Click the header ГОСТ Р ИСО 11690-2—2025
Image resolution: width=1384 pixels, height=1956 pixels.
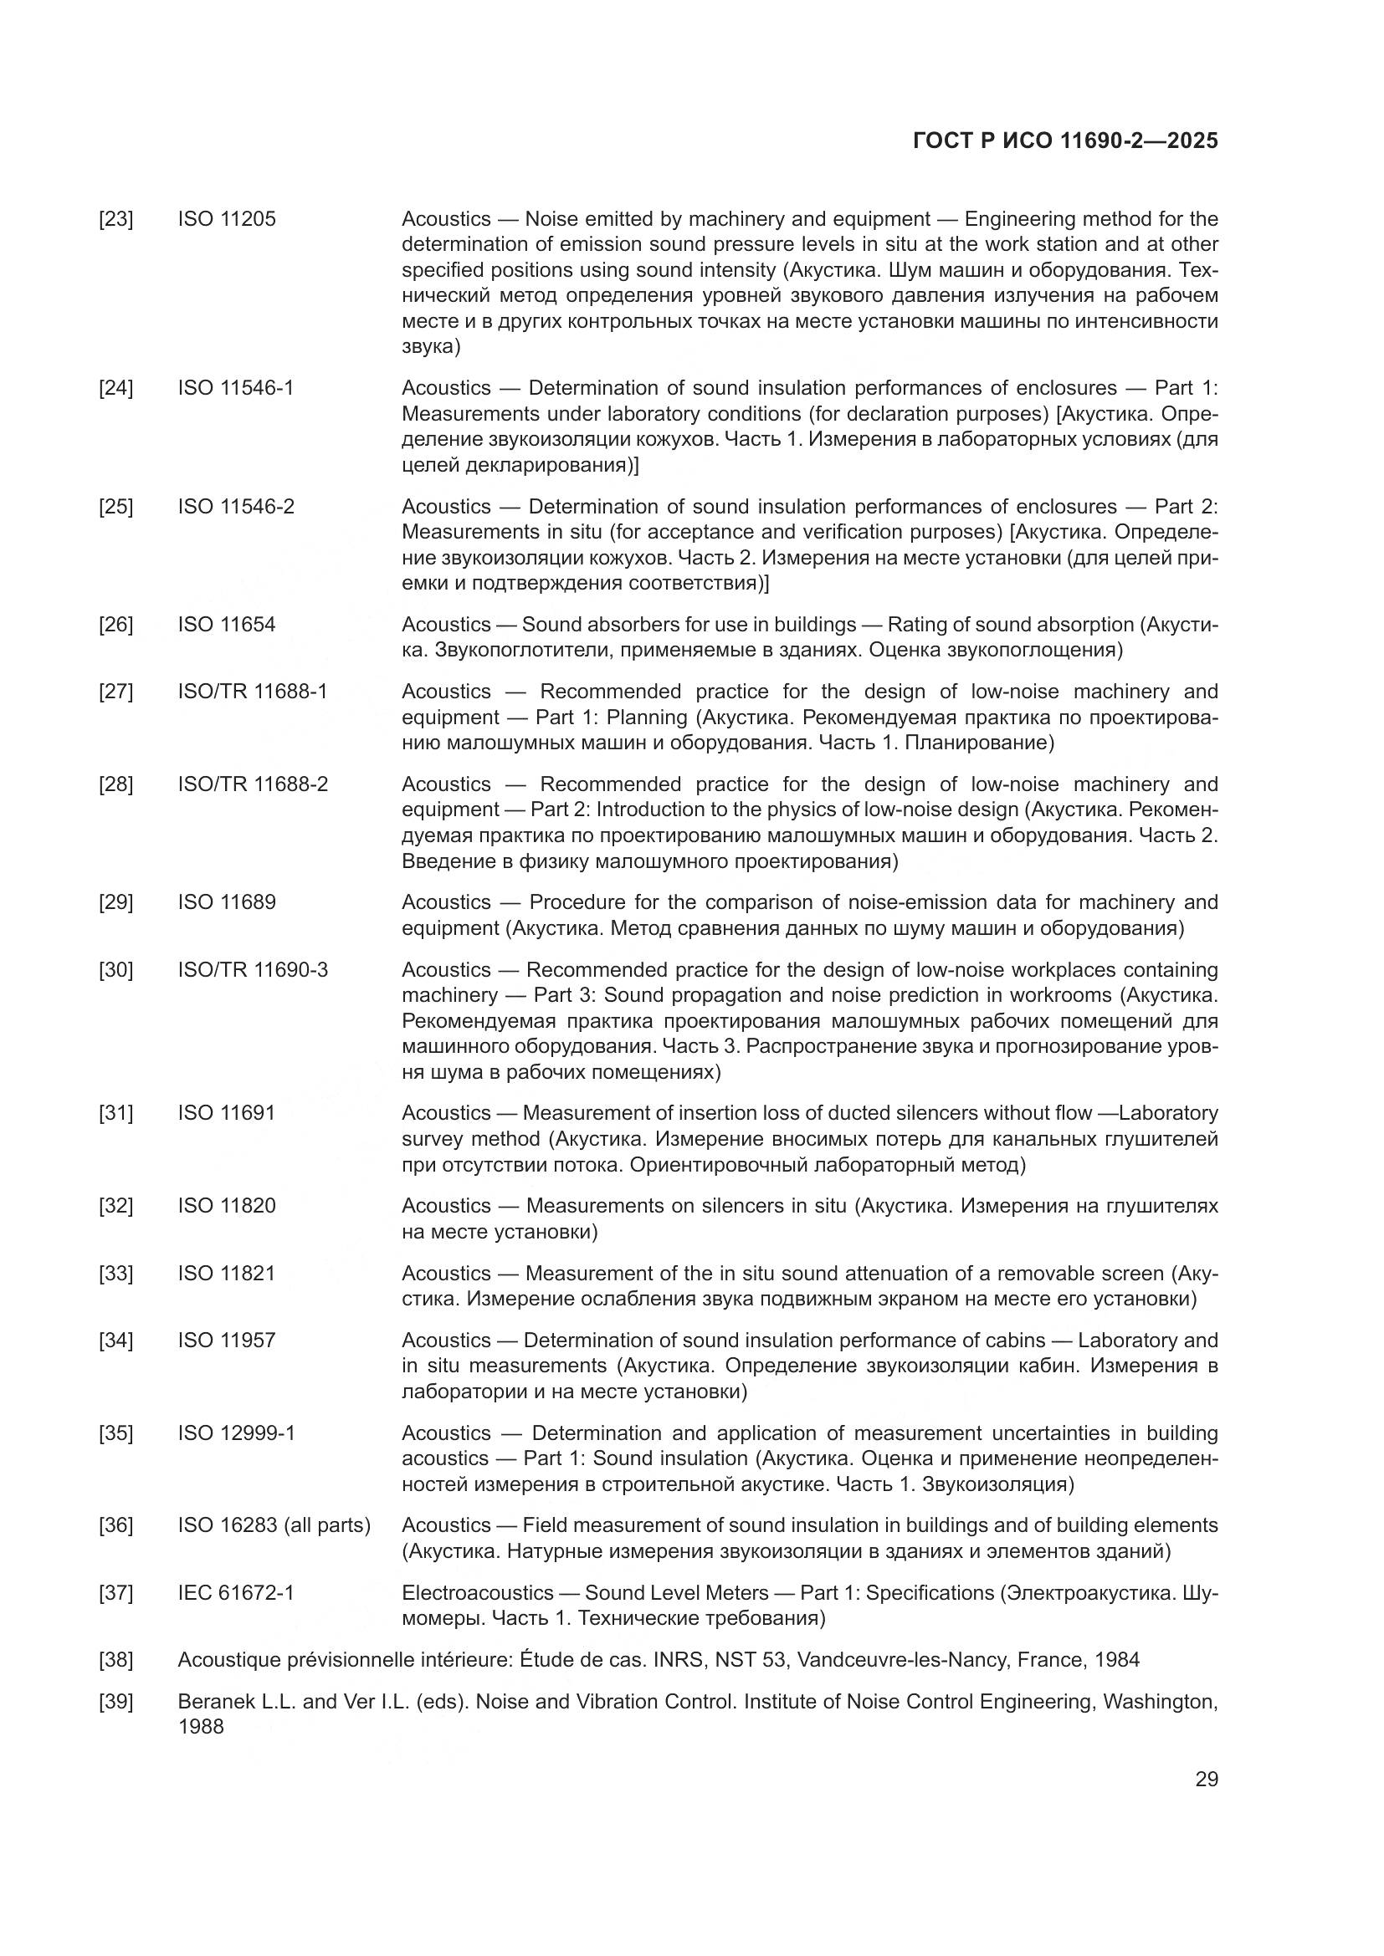[x=1064, y=140]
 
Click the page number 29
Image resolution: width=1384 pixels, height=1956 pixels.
[x=1206, y=1779]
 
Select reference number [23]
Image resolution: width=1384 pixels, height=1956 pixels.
[x=116, y=219]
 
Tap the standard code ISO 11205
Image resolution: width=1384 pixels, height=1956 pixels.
[x=227, y=219]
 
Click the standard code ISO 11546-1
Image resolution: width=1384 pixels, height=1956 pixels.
[x=236, y=388]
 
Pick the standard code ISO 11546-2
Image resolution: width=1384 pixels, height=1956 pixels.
[x=236, y=506]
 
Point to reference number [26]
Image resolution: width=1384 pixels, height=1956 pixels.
[x=116, y=625]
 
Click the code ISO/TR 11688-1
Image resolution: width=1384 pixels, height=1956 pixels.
[x=252, y=691]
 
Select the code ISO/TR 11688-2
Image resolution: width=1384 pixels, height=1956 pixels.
[x=252, y=784]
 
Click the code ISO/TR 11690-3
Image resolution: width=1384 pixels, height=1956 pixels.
[x=252, y=969]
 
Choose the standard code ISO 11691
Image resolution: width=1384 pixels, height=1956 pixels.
[x=227, y=1112]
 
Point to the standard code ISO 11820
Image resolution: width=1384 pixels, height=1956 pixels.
[x=227, y=1206]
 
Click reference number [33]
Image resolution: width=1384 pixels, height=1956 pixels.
[x=116, y=1273]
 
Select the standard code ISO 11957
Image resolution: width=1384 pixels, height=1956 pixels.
[x=227, y=1340]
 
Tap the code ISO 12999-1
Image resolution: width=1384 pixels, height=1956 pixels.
[x=236, y=1433]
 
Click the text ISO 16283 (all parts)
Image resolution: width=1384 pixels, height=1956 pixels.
[x=274, y=1525]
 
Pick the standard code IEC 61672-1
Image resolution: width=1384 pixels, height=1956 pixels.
[x=236, y=1592]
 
